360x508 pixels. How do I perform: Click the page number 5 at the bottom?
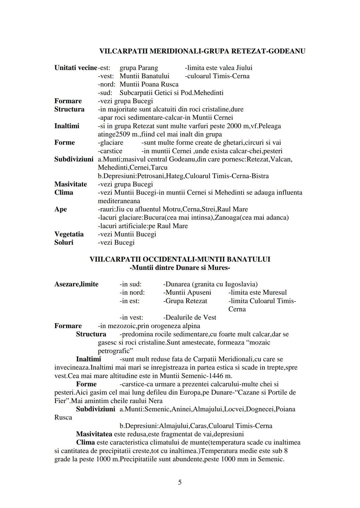point(180,482)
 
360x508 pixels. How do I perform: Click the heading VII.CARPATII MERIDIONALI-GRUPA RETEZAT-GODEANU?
point(202,51)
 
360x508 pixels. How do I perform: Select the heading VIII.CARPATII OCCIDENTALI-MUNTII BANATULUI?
point(180,259)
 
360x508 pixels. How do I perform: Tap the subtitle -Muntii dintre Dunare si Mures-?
point(180,267)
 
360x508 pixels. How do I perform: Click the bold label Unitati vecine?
point(76,68)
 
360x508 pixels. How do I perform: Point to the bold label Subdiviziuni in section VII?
point(74,159)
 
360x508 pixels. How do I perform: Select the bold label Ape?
point(60,209)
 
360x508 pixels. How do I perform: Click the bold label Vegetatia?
point(69,234)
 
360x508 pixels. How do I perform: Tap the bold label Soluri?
point(64,243)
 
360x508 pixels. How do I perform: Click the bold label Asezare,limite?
point(76,284)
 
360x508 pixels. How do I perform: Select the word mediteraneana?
point(119,201)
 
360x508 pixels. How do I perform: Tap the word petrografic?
point(114,351)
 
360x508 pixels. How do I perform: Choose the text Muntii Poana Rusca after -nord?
point(149,84)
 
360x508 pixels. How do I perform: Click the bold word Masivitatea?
point(94,434)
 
